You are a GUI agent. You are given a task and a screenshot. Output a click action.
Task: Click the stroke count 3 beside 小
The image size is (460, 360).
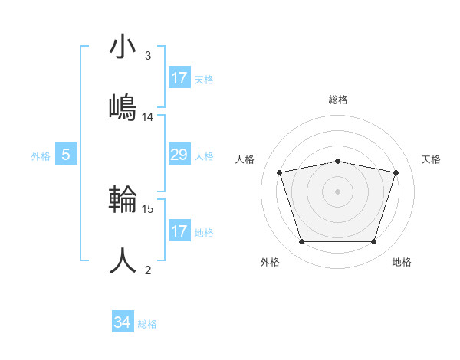pos(148,56)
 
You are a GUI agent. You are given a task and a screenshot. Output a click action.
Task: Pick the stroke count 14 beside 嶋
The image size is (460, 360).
pos(148,117)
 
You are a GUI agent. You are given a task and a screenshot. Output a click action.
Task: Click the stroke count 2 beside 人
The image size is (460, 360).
pos(148,270)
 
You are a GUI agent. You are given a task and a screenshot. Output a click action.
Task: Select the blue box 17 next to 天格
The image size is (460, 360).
pos(179,78)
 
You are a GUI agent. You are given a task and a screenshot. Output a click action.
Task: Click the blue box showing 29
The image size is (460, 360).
pos(179,155)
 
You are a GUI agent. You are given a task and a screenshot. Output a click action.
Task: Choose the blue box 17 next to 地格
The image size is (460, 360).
pos(179,231)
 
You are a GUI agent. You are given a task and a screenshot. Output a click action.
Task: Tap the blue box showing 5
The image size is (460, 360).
pos(66,155)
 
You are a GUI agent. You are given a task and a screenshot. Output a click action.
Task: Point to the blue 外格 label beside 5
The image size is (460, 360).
pos(41,156)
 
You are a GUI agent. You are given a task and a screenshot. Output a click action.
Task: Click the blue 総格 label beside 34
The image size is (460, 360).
pos(147,324)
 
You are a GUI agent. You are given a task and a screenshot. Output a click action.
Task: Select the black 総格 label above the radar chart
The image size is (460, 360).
pos(338,100)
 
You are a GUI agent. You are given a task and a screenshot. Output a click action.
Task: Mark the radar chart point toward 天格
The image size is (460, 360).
pos(396,172)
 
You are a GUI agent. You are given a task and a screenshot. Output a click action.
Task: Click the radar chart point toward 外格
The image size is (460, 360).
pos(301,242)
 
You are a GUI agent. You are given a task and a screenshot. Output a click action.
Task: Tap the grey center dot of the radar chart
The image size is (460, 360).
pos(337,191)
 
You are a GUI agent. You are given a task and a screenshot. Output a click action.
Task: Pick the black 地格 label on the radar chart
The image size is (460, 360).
pos(402,263)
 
